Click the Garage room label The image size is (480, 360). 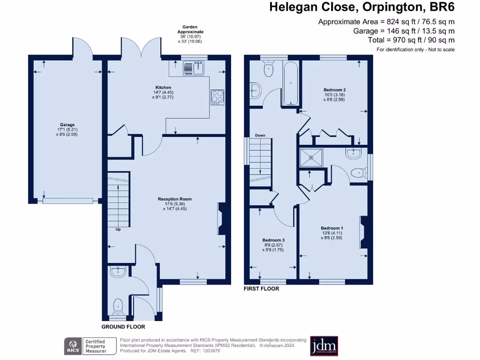66,125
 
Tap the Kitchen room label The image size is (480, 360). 163,88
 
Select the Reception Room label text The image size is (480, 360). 174,199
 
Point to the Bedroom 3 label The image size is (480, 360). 273,240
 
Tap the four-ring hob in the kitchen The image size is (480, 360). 217,96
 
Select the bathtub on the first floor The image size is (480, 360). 291,83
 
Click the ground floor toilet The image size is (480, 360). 118,306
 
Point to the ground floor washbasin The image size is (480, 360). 118,271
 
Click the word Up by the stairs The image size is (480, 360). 118,230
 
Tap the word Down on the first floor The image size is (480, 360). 260,135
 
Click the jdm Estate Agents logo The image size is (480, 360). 324,346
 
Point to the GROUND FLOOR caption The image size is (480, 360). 123,327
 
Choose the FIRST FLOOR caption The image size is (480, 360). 261,289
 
